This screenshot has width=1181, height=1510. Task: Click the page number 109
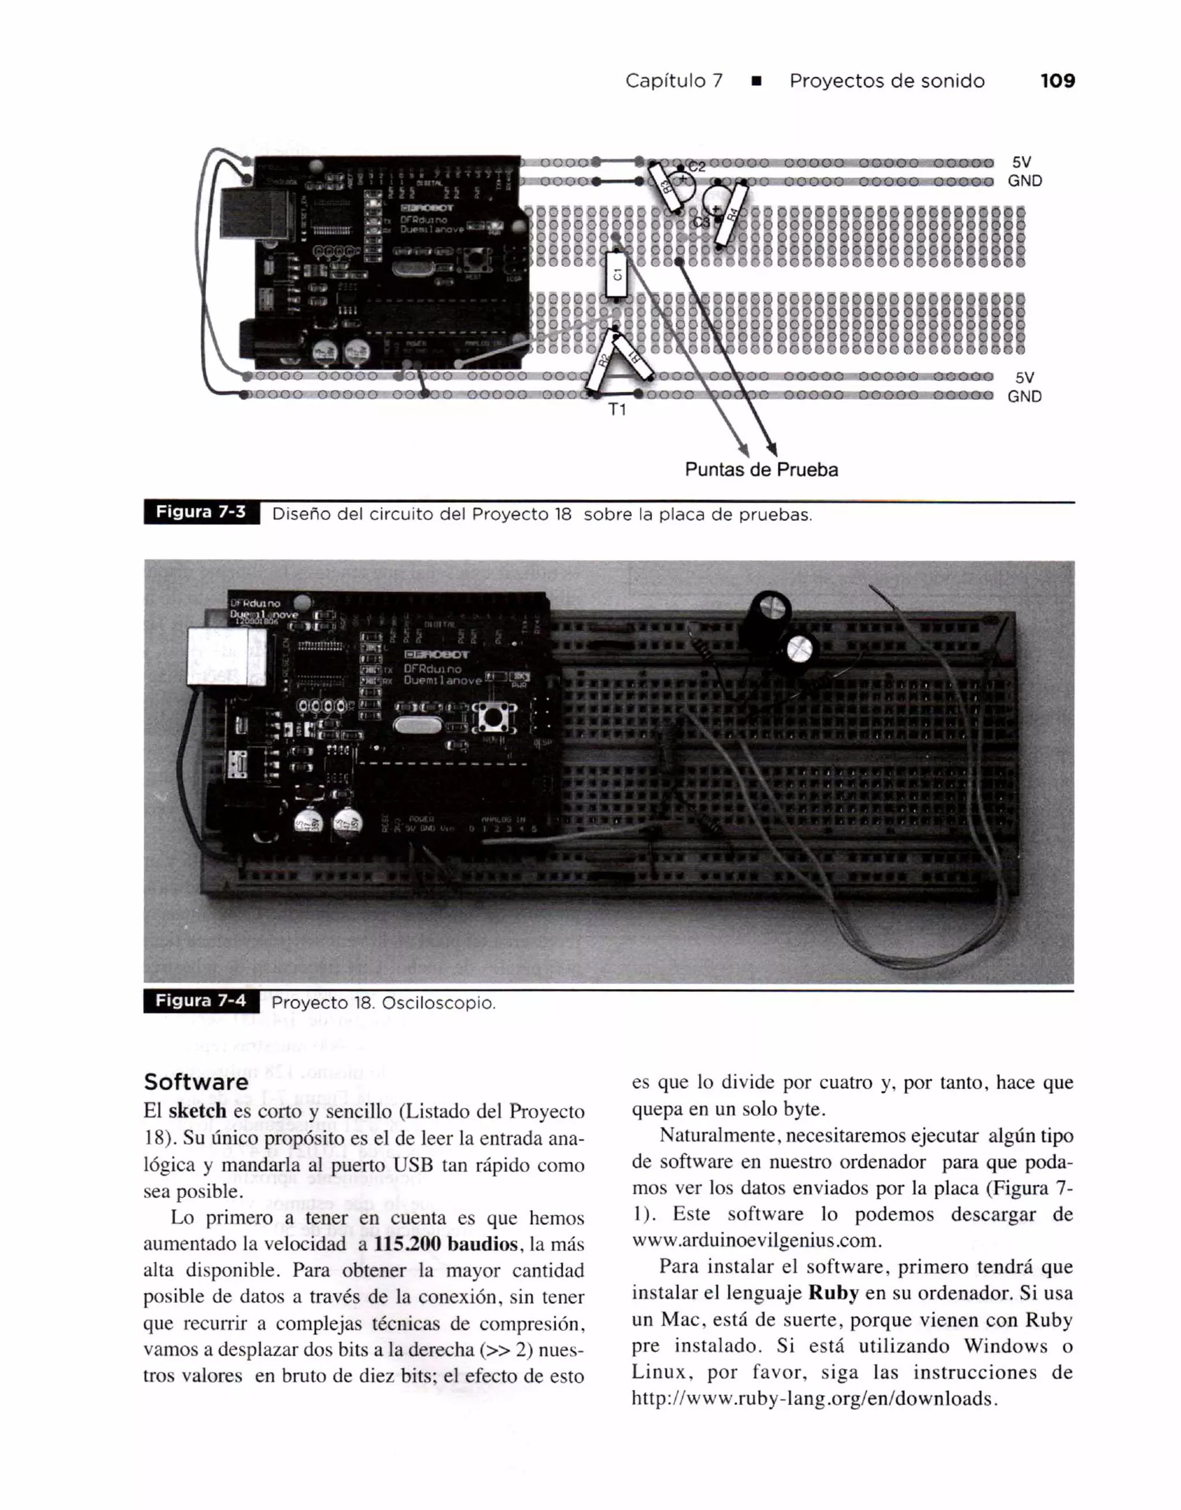click(1057, 81)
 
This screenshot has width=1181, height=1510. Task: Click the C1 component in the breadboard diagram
click(616, 274)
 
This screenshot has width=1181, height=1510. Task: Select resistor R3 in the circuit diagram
click(665, 187)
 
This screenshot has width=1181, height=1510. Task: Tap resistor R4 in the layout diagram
click(732, 214)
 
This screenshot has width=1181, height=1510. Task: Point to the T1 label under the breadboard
click(617, 410)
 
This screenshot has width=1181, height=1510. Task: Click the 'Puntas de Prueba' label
click(761, 470)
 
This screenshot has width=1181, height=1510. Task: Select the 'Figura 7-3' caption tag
click(201, 512)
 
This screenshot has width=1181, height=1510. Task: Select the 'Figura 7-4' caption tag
click(201, 1001)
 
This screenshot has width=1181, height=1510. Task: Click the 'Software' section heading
click(196, 1082)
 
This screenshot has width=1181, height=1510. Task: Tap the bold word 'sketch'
click(197, 1111)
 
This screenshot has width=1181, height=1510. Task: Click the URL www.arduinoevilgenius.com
click(756, 1240)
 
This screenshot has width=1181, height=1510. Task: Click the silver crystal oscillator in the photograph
click(416, 725)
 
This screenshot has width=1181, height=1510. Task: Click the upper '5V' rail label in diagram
click(1021, 162)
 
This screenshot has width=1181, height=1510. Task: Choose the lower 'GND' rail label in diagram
click(1024, 397)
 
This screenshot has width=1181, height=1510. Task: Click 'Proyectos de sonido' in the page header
click(887, 81)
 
